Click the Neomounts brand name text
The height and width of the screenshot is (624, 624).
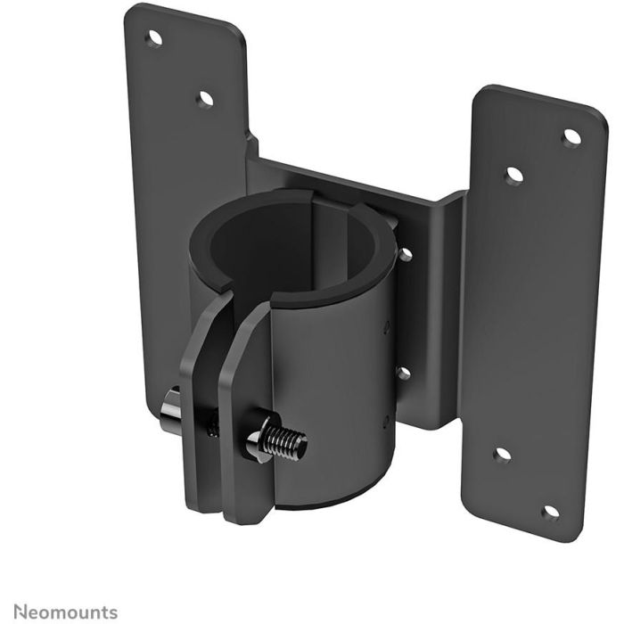click(59, 612)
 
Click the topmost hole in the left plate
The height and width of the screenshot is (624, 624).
click(154, 38)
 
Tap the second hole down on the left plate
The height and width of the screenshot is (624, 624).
click(205, 98)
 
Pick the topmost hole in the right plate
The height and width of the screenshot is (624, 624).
click(571, 136)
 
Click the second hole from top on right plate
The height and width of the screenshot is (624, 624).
click(513, 176)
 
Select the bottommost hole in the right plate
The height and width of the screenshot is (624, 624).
click(551, 512)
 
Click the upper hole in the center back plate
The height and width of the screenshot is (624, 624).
click(405, 254)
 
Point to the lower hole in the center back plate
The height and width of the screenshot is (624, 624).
click(402, 374)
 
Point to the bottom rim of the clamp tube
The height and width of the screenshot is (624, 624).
click(330, 499)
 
